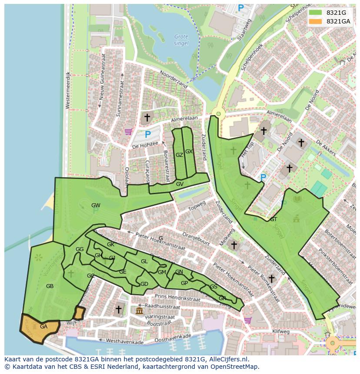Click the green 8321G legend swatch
click(315, 13)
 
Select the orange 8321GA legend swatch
click(315, 21)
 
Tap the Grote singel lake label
click(181, 40)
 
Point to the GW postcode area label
click(96, 205)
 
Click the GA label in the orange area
click(43, 327)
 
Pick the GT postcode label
click(273, 219)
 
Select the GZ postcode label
click(179, 155)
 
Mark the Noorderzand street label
click(173, 80)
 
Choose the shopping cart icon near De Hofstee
click(128, 132)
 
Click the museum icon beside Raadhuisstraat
click(139, 311)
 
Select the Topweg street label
click(197, 205)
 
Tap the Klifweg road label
click(281, 331)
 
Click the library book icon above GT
click(297, 199)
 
